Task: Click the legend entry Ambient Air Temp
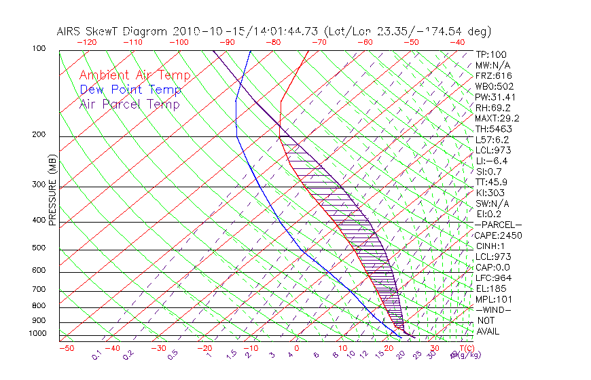[x=135, y=75]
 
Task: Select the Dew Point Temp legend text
[x=130, y=90]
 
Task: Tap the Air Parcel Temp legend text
[x=129, y=104]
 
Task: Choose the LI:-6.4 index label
[x=492, y=161]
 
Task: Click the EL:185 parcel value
[x=489, y=288]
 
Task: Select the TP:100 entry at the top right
[x=490, y=54]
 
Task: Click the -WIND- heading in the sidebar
[x=493, y=309]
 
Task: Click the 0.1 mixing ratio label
[x=97, y=355]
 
